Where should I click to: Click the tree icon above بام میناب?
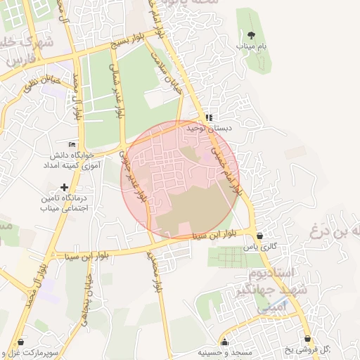tap(252, 34)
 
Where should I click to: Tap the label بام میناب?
tap(252, 46)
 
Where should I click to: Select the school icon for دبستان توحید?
tap(208, 117)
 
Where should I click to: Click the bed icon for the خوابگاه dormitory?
tap(72, 144)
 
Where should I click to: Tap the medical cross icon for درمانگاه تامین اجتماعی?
tap(65, 187)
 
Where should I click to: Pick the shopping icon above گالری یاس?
tap(261, 236)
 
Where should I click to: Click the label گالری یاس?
tap(261, 247)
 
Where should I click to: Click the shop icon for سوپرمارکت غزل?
tap(22, 340)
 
